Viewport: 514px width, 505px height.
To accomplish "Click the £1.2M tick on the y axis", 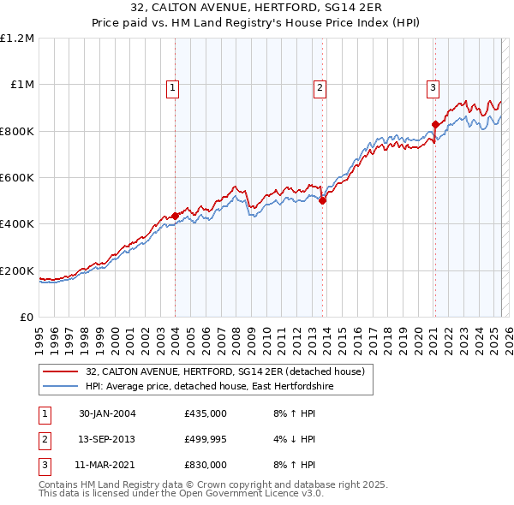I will coord(17,39).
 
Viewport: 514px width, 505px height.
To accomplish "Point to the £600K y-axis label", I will coord(17,178).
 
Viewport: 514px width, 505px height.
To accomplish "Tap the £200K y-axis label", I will coord(17,271).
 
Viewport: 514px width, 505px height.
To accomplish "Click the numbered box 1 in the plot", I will coord(173,87).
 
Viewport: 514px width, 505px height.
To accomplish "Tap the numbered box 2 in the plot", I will coord(320,87).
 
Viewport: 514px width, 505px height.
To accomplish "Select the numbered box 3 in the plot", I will coord(433,87).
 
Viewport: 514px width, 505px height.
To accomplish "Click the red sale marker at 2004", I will coord(176,216).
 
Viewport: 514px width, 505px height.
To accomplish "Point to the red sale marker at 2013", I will coord(322,201).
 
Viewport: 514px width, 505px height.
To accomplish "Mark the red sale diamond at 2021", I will coord(435,124).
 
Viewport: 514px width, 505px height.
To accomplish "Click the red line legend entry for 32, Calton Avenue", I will coord(225,371).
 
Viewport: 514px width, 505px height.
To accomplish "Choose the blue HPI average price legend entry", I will coord(209,387).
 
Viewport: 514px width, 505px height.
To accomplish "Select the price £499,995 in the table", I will coord(205,439).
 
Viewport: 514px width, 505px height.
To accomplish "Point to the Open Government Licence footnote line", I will coord(182,495).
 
